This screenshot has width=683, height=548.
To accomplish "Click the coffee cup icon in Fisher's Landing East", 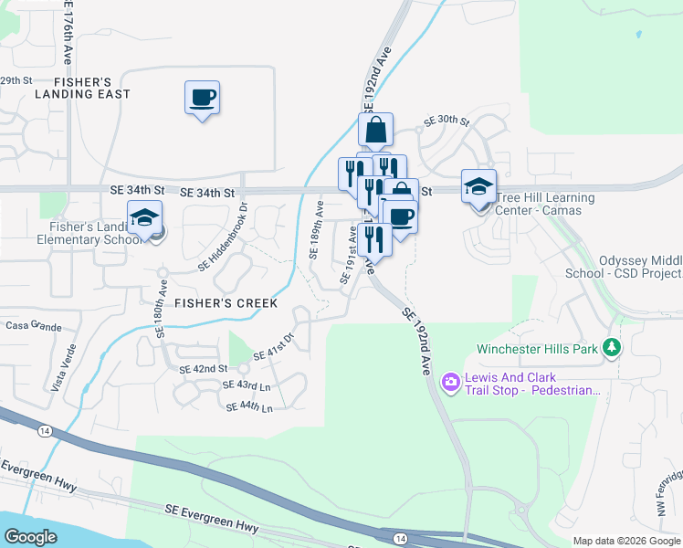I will point(202,96).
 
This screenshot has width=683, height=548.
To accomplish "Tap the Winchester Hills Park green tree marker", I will point(612,348).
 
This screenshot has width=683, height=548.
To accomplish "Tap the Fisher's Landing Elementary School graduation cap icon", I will point(144,219).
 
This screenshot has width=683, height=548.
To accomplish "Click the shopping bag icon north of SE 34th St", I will point(375,132).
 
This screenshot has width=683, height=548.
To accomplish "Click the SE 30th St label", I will point(446,121).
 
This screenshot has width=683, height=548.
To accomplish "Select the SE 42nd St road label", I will point(204,369).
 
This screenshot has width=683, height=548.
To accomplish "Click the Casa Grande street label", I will point(33,326).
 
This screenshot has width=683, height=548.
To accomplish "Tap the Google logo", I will point(31,537).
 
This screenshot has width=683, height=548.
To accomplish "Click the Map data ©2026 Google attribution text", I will point(625,541).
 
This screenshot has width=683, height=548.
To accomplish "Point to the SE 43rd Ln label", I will point(247,387).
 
